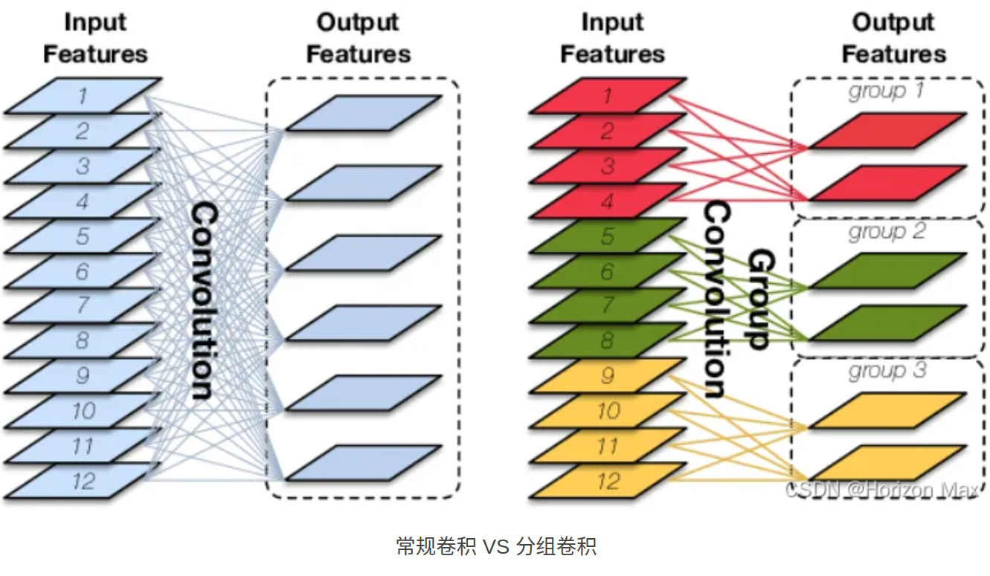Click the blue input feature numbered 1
[83, 95]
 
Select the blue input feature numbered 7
[83, 305]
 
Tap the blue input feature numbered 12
[83, 480]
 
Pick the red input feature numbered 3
[608, 165]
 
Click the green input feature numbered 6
[608, 271]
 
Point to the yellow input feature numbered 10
[608, 411]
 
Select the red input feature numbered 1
[608, 95]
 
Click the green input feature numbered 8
[608, 340]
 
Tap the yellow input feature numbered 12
[608, 480]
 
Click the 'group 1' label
[887, 92]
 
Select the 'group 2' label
[887, 232]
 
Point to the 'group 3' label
[887, 371]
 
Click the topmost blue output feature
[364, 113]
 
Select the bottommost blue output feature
[364, 462]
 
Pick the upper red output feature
[887, 131]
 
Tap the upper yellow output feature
[887, 411]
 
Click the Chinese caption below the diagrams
[495, 548]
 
